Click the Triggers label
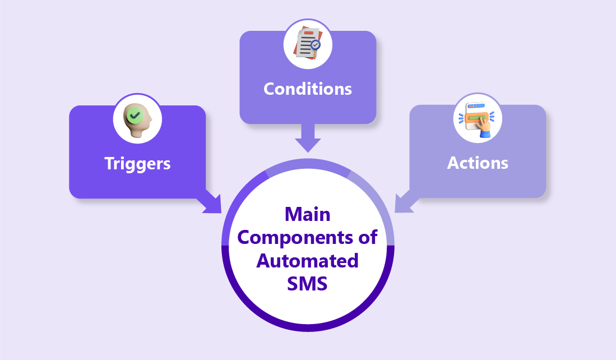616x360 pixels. click(137, 163)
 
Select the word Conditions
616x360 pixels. click(308, 89)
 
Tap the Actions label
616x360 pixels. click(478, 163)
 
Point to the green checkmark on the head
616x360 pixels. click(135, 116)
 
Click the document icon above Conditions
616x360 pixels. click(307, 44)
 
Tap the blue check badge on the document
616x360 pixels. click(316, 43)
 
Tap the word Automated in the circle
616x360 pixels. click(308, 261)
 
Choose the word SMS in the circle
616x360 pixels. click(308, 284)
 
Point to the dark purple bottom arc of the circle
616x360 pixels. click(308, 326)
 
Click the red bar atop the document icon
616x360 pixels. click(308, 34)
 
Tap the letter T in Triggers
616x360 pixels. click(109, 163)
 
